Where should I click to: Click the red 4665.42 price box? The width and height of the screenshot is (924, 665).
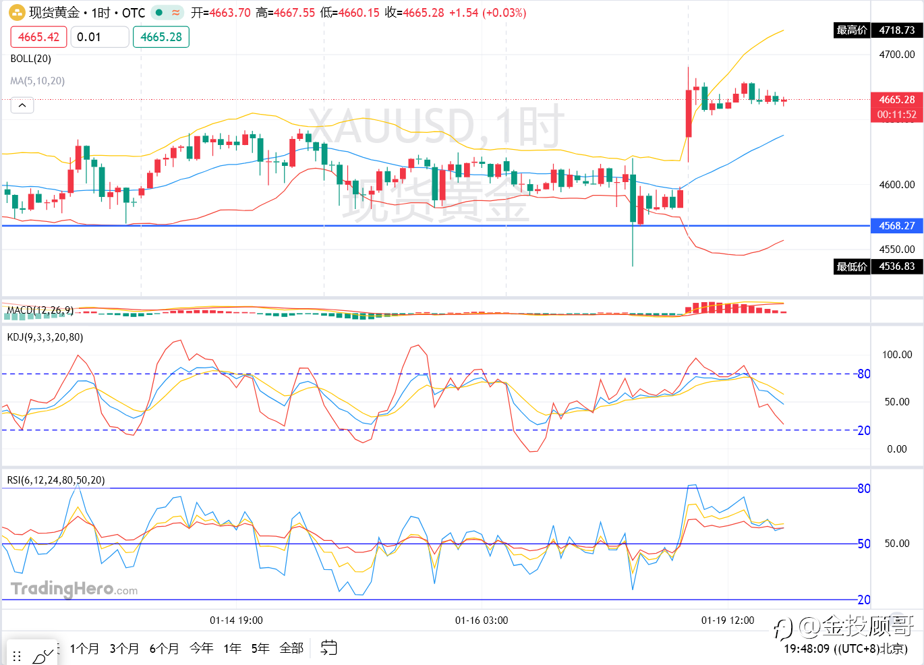click(x=38, y=37)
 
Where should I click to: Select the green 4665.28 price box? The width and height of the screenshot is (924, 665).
click(x=161, y=37)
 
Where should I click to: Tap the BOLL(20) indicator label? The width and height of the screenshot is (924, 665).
click(x=31, y=59)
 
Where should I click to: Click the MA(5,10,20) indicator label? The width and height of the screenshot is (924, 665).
click(x=38, y=81)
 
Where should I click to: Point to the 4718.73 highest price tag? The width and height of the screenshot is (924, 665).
click(x=896, y=30)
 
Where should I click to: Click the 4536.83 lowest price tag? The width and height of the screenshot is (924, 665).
click(x=896, y=266)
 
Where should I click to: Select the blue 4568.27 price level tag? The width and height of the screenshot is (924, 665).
click(x=896, y=226)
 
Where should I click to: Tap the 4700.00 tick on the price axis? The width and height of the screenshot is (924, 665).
click(x=896, y=55)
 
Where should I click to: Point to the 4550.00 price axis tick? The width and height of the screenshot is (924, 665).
click(x=896, y=249)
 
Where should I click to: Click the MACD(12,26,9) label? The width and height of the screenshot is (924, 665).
click(x=40, y=310)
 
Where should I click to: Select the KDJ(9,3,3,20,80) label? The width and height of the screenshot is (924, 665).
click(x=45, y=337)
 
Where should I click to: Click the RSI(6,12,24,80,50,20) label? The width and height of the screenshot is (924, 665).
click(x=56, y=480)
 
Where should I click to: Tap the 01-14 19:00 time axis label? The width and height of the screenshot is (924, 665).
click(x=236, y=620)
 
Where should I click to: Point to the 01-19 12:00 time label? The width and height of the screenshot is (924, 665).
click(x=728, y=620)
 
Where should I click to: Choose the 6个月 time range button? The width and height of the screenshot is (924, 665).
click(x=164, y=648)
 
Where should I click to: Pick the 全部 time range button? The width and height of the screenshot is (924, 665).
click(x=291, y=648)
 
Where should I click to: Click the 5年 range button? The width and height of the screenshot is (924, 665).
click(x=260, y=648)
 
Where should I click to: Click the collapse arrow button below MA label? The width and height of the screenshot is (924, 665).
click(x=22, y=105)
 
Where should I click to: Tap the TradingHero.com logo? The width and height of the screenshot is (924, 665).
click(x=74, y=589)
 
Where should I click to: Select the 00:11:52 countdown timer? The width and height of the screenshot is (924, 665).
click(x=896, y=115)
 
